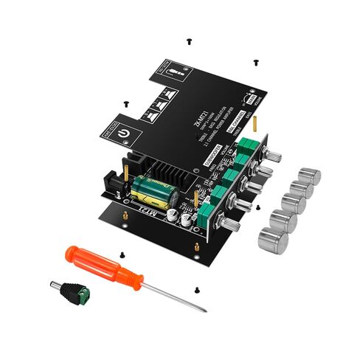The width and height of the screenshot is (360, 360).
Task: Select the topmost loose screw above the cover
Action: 190,35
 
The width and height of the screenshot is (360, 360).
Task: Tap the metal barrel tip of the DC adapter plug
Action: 52,283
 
